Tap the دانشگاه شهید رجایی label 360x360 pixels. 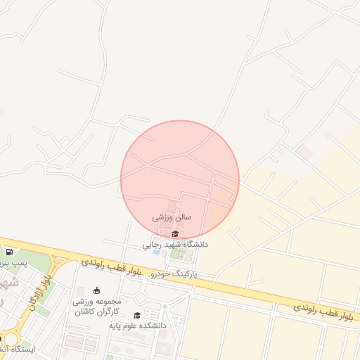tap(175, 245)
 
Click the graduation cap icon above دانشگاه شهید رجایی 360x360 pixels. tap(175, 233)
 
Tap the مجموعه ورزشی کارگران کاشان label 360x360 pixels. tap(96, 305)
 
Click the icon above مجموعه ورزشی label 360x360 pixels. tap(96, 290)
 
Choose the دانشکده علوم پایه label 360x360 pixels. tap(137, 326)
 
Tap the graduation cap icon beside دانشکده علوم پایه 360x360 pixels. tap(136, 315)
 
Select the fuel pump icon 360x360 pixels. tap(8, 252)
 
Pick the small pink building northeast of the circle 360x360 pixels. tap(304, 152)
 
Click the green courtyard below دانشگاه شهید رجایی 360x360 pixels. tap(179, 252)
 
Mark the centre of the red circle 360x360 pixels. tap(180, 180)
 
